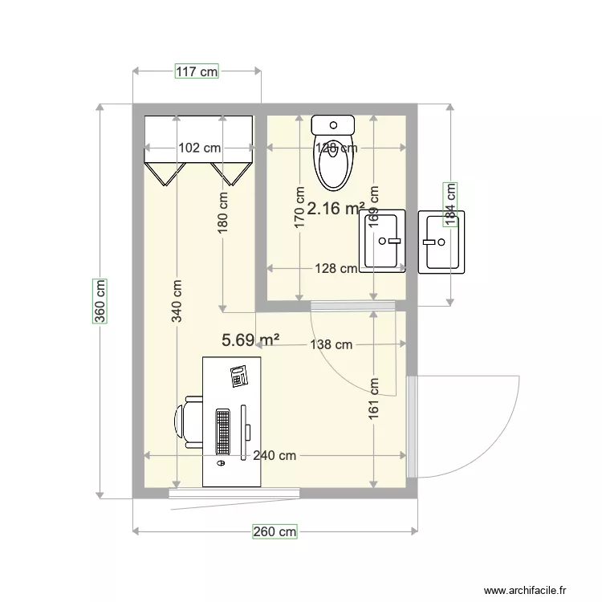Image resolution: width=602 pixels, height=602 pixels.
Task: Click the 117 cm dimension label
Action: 197,71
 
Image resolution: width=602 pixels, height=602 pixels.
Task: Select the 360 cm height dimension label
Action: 100,300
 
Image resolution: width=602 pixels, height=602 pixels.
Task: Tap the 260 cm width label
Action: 275,531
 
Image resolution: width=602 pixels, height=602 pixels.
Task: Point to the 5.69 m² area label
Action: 250,340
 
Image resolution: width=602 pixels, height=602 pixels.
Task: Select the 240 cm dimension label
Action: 274,455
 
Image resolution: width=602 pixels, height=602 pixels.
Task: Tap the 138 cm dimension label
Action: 331,345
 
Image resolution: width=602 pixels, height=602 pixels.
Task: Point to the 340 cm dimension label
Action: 177,301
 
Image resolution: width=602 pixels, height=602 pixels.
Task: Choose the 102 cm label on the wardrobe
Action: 199,148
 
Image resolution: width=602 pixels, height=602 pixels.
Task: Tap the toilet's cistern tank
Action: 333,124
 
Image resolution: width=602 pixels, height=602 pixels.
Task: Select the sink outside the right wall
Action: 441,242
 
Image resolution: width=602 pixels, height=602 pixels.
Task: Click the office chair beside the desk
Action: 189,421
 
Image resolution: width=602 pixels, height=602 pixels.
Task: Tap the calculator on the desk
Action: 238,376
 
